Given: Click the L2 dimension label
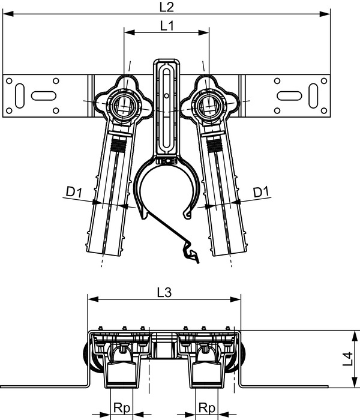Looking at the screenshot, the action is tap(167, 7).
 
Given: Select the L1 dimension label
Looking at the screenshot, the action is tap(167, 26).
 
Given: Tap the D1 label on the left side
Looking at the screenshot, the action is tap(74, 193).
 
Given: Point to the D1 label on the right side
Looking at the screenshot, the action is tap(260, 193).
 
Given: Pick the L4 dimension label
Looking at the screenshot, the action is tap(347, 359).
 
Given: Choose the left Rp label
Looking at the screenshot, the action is tap(122, 407).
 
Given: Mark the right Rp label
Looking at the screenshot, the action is tap(208, 407).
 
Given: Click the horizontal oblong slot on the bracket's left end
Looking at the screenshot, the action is tap(42, 94).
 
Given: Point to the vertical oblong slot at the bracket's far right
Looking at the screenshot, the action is tap(313, 94).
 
